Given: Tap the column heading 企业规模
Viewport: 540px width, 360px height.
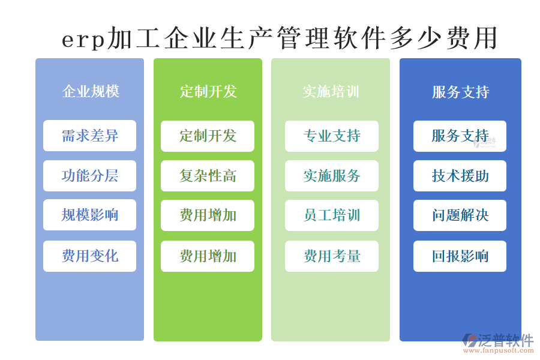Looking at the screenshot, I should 90,91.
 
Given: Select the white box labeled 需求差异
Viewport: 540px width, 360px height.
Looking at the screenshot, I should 89,136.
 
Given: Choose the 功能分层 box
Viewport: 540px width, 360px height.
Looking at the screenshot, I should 89,176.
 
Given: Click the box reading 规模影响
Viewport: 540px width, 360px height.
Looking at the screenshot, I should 89,215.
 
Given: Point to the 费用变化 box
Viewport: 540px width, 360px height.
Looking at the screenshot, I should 89,256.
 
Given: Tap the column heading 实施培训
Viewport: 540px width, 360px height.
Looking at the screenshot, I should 331,91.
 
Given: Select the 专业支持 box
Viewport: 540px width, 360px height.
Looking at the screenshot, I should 331,136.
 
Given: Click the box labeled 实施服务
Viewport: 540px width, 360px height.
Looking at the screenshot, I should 331,176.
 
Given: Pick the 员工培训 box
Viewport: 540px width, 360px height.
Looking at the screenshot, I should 331,215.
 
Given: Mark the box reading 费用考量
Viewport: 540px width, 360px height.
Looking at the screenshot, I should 331,256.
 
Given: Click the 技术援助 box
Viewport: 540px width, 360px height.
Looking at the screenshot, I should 460,176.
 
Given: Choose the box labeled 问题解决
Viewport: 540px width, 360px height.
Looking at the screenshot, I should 460,215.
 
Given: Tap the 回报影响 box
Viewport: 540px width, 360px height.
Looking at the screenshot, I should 460,256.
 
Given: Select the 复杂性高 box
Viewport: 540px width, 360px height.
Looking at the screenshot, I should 208,176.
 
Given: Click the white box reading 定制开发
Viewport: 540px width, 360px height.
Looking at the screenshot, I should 208,136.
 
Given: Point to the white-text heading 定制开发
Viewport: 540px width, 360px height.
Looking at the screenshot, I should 208,91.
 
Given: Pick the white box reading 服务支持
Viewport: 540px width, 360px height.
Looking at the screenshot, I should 460,136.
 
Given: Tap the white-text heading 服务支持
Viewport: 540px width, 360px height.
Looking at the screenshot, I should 460,92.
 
